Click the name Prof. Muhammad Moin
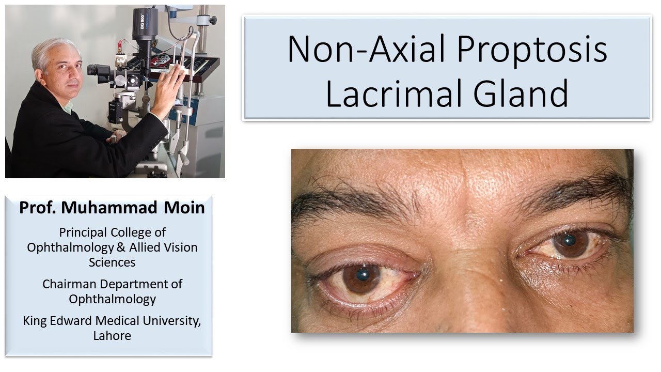click(112, 208)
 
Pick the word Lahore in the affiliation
click(112, 335)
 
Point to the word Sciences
click(112, 262)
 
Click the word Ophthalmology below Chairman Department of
click(112, 299)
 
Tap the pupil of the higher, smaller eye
click(570, 240)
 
